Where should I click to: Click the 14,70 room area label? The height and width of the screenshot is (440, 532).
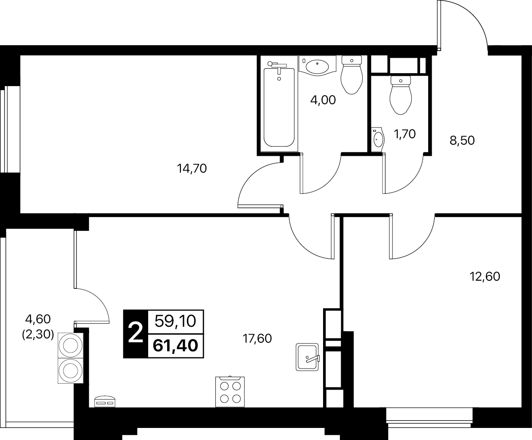[x=192, y=169]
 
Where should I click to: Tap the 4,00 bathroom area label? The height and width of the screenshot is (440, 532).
[x=323, y=100]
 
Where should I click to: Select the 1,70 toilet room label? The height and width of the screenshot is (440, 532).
[x=404, y=134]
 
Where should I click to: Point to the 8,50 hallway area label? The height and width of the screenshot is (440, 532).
[x=462, y=140]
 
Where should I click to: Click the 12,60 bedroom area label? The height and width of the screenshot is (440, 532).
[x=485, y=276]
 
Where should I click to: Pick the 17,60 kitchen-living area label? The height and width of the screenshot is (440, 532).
[x=257, y=339]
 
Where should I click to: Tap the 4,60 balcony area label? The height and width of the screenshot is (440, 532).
[x=38, y=319]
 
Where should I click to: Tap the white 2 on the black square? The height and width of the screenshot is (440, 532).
[x=136, y=334]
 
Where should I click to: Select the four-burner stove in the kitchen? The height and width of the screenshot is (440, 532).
[x=230, y=391]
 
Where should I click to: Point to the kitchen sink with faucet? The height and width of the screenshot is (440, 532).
[x=307, y=357]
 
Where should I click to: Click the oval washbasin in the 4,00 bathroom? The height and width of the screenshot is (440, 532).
[x=317, y=66]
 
